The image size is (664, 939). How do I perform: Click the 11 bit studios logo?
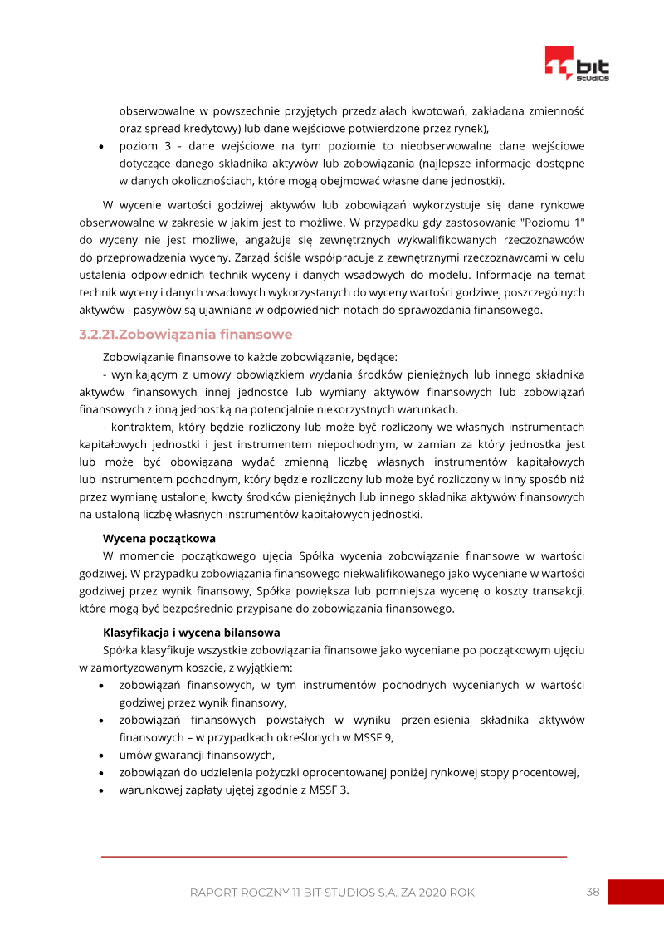tap(576, 63)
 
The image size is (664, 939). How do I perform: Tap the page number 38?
tap(593, 893)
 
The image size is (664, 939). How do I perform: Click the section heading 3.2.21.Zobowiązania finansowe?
tap(185, 335)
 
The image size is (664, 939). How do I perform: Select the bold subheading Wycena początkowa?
tap(159, 538)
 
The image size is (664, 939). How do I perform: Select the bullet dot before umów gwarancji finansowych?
tap(100, 756)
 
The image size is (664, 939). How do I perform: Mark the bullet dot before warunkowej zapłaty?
tap(100, 790)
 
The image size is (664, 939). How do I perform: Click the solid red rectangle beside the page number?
tap(635, 893)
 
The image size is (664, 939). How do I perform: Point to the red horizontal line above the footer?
tap(334, 856)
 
